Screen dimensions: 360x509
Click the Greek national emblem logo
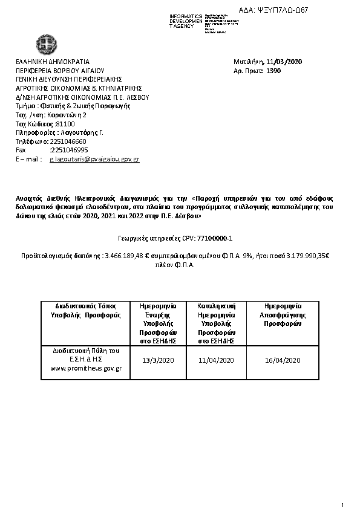click(x=46, y=45)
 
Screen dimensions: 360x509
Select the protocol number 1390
click(x=273, y=70)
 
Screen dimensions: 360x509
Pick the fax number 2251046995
click(x=69, y=149)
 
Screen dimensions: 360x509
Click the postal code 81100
click(x=65, y=123)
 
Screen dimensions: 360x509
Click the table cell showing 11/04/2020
click(x=215, y=361)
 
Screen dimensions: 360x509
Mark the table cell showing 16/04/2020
click(x=283, y=361)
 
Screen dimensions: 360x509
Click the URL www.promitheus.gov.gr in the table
click(x=86, y=368)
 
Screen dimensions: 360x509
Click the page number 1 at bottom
click(x=342, y=505)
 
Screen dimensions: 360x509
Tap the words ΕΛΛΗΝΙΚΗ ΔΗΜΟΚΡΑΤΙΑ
click(x=53, y=62)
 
